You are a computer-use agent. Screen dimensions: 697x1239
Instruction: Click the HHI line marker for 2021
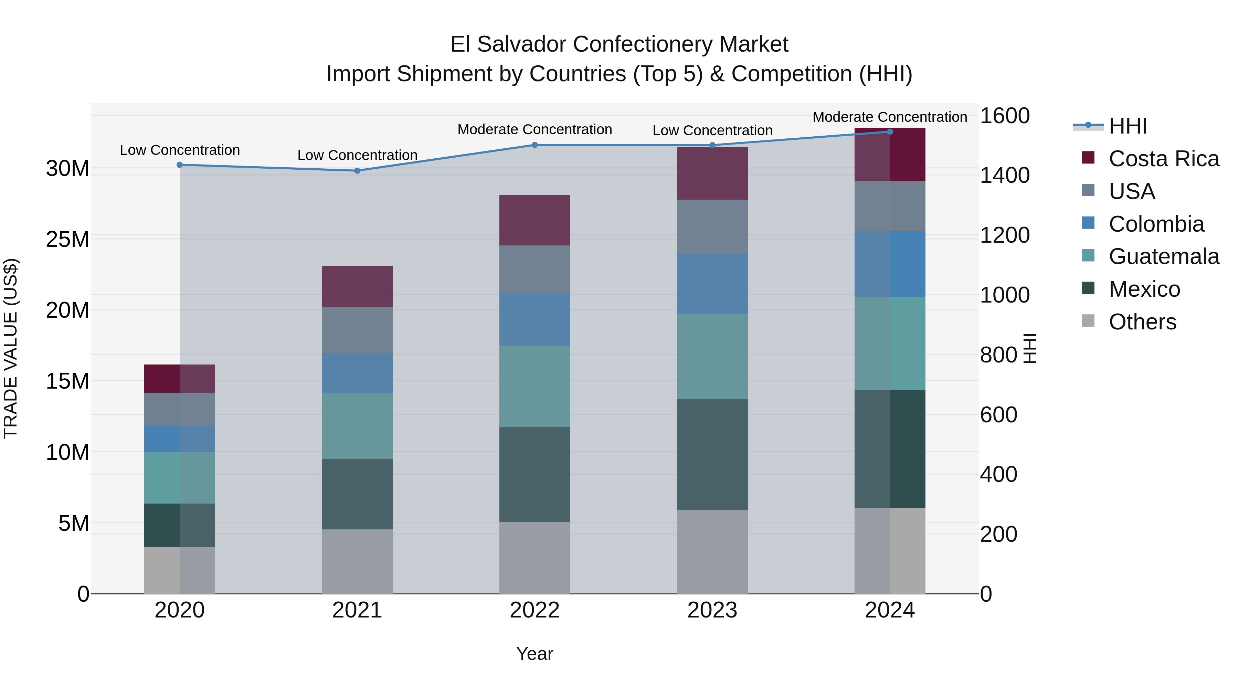click(x=357, y=171)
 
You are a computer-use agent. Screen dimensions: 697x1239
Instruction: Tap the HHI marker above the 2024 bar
click(x=889, y=132)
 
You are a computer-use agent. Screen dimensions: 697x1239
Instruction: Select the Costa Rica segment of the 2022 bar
click(x=534, y=220)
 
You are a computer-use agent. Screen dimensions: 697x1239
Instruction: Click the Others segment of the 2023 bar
click(x=712, y=551)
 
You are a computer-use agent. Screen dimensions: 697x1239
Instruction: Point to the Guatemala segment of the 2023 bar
click(x=712, y=357)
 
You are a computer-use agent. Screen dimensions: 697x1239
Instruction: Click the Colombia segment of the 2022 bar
click(x=534, y=319)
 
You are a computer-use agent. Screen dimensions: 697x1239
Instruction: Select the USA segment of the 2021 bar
click(x=357, y=330)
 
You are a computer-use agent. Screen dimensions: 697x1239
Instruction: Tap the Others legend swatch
click(x=1088, y=321)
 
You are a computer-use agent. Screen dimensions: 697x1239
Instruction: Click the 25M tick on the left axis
click(x=67, y=239)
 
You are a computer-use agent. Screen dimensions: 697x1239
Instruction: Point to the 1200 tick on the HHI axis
click(x=1004, y=235)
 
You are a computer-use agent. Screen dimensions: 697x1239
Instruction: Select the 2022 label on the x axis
click(x=534, y=610)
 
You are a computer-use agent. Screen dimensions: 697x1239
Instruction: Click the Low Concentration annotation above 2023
click(x=712, y=130)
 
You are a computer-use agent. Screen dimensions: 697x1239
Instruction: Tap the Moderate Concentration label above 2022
click(x=534, y=129)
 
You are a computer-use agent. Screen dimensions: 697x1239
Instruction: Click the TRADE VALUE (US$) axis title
click(x=11, y=348)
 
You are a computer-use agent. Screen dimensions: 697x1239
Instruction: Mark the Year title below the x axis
click(x=534, y=654)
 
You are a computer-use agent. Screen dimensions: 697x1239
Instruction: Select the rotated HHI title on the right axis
click(x=1030, y=348)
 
